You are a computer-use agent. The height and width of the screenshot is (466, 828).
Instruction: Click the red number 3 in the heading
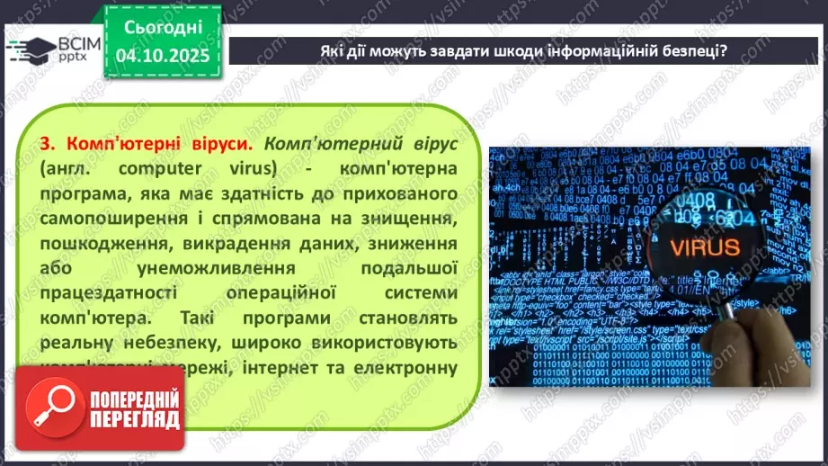pyautogui.click(x=47, y=144)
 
